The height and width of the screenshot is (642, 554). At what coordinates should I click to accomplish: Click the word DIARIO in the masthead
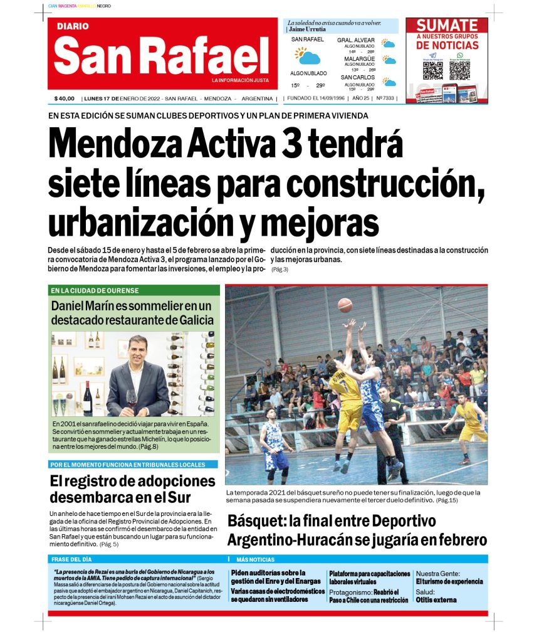point(73,26)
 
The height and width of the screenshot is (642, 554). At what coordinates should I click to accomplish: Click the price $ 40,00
point(65,98)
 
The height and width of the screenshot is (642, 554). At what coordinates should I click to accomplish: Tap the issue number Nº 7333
point(385,98)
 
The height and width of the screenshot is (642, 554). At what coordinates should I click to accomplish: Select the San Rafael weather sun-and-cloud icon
point(308,56)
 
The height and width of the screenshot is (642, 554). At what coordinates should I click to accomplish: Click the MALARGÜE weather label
point(359,59)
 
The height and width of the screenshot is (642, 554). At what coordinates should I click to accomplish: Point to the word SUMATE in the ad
point(447,26)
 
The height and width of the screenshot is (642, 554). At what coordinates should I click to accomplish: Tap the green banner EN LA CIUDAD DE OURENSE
point(95,290)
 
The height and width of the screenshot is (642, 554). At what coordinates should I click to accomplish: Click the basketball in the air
point(345,305)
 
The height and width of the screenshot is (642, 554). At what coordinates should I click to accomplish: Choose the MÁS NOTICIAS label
point(255,559)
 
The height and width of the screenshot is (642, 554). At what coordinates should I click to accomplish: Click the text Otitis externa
point(436,599)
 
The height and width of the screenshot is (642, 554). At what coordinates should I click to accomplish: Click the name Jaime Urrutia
point(308,29)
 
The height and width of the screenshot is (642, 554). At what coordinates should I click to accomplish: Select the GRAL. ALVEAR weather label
point(356,40)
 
